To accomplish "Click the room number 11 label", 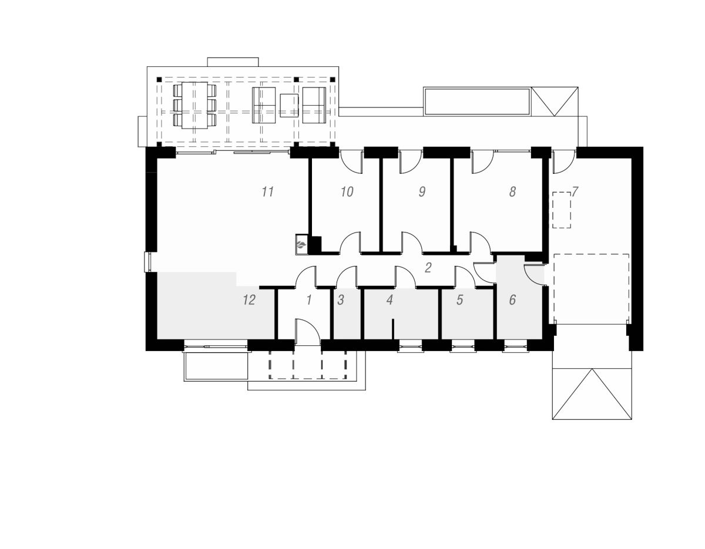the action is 268,191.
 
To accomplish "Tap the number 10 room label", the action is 347,191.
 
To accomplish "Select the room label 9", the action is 422,191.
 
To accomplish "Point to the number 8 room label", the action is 512,191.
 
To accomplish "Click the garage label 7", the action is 575,191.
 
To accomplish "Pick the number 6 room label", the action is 512,300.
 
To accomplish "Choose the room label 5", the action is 459,300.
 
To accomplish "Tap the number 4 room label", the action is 390,300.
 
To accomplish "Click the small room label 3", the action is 340,300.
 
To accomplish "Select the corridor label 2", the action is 428,268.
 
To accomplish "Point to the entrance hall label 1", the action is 309,300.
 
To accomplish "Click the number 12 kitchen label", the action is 249,300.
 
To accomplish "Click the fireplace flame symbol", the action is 301,244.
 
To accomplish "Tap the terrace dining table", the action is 194,105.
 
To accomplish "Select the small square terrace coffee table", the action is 289,105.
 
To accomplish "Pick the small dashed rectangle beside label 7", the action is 562,210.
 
